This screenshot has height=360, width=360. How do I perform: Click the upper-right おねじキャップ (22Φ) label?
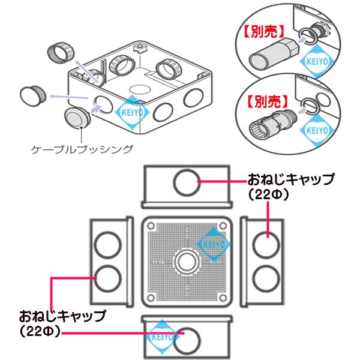tap(290, 186)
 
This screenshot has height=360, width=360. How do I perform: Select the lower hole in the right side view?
tap(264, 278)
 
